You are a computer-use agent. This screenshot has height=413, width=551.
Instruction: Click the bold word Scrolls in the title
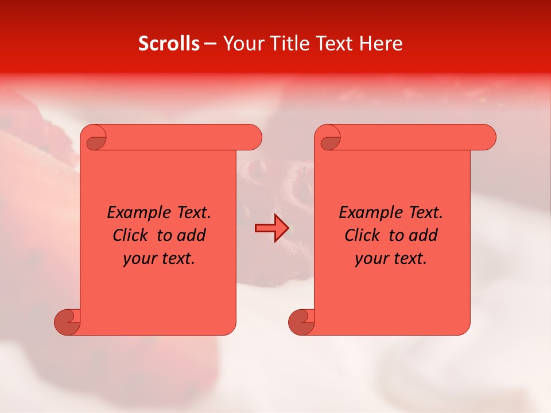click(169, 44)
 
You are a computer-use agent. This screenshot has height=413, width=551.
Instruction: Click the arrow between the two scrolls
click(271, 229)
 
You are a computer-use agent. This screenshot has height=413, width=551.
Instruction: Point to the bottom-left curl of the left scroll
click(67, 321)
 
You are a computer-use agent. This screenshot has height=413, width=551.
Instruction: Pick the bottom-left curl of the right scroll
click(301, 321)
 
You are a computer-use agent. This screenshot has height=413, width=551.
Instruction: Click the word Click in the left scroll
click(130, 235)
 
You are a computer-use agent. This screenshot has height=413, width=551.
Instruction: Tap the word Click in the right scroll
click(362, 235)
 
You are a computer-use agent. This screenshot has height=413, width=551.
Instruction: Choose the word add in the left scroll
click(191, 235)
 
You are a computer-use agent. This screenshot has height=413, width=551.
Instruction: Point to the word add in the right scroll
click(422, 235)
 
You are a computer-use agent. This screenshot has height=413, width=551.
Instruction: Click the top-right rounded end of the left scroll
click(250, 138)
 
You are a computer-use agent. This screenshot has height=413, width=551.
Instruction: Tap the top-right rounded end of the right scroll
click(484, 138)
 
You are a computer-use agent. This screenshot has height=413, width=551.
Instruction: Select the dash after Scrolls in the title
click(211, 44)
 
